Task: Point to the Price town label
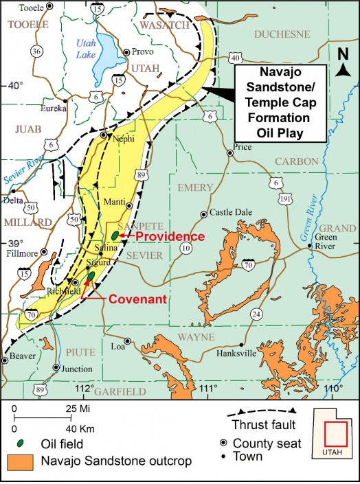(242, 147)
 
